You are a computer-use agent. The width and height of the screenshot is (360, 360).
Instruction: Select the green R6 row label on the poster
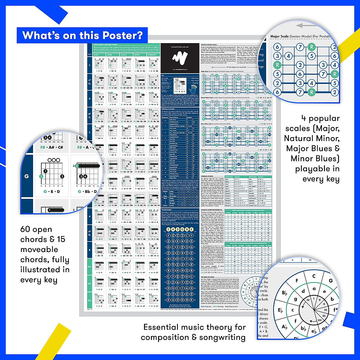[89, 267]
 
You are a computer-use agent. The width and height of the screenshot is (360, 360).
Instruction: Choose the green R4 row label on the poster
[89, 300]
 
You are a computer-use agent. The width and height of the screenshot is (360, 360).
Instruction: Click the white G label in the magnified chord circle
[27, 176]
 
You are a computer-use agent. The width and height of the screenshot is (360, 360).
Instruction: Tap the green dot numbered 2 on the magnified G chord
[41, 176]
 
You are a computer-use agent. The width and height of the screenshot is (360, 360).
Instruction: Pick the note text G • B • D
[52, 191]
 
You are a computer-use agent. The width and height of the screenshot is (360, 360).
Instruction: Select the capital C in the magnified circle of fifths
[313, 276]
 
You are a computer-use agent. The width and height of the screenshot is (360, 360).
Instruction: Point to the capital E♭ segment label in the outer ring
[280, 310]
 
